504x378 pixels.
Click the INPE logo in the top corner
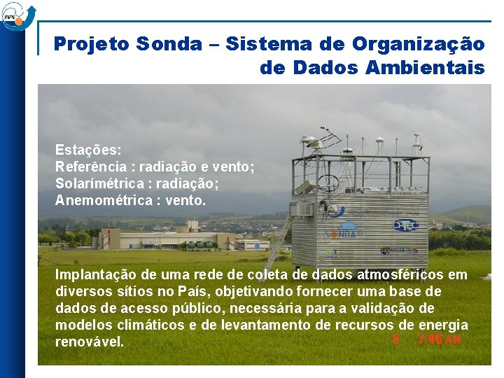point(17,15)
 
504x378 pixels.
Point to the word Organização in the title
point(418,45)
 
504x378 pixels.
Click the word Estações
point(88,150)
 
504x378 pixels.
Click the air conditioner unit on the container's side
point(303,209)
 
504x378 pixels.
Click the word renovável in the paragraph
point(89,342)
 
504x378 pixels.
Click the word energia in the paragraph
point(443,325)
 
